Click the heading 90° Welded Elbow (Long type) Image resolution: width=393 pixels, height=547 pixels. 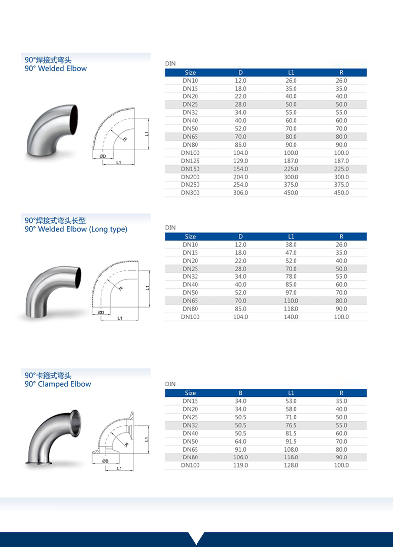(76, 229)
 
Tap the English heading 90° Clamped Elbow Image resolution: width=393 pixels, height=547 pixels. (58, 384)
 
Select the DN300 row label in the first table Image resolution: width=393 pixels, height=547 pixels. (190, 193)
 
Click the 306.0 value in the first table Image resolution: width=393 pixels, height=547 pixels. (240, 193)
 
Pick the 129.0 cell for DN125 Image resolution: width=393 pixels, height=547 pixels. (240, 161)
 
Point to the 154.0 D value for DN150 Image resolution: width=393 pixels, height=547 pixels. (240, 169)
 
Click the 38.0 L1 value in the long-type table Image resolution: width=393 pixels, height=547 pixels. (291, 245)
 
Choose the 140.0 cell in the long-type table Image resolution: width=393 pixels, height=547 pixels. (291, 317)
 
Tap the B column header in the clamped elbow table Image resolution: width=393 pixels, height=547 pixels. (240, 393)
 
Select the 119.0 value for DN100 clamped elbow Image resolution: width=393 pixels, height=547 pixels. (240, 465)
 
